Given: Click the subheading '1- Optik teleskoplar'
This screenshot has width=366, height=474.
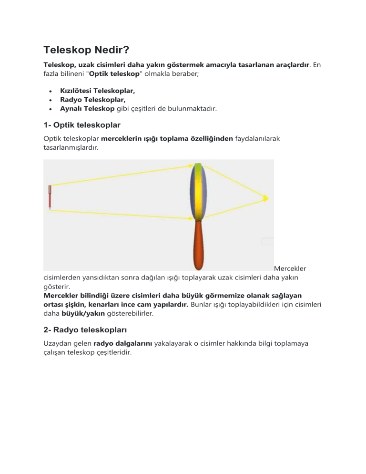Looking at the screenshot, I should tap(82, 125).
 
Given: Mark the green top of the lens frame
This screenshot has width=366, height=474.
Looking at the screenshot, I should tap(198, 168).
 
